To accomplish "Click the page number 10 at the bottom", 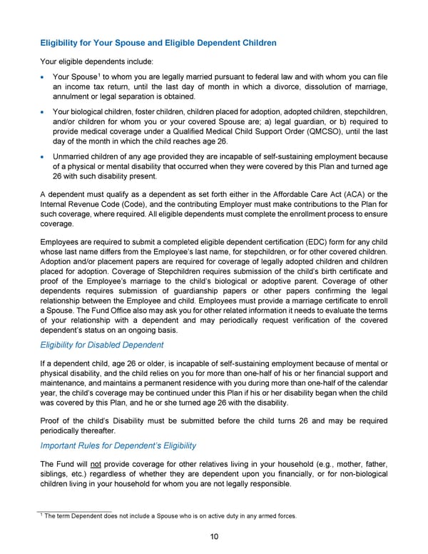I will coord(214,538).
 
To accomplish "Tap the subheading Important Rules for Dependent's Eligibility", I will coord(118,445).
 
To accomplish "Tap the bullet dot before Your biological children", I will coord(45,113).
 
